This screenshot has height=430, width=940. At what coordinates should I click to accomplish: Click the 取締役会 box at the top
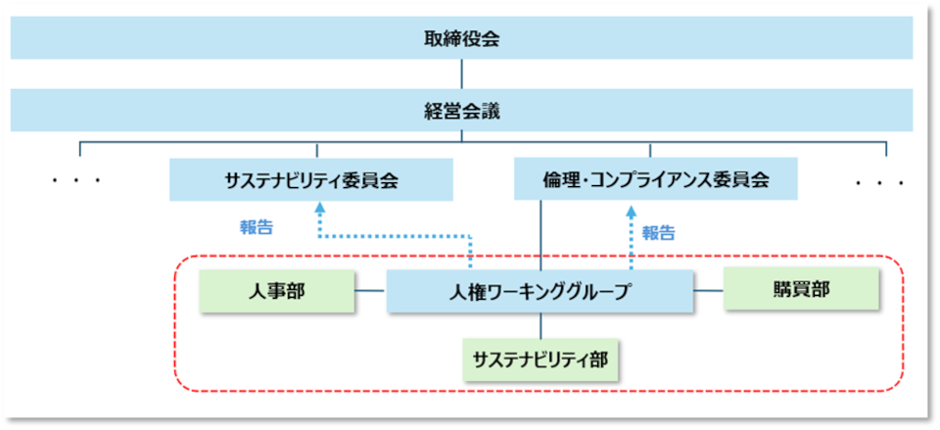coord(461,38)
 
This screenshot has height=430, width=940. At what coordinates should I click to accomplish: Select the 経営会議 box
coord(461,111)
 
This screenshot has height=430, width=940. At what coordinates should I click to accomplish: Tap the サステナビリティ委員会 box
coord(311,181)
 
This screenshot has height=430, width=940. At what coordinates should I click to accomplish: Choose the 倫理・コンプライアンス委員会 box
coord(656,181)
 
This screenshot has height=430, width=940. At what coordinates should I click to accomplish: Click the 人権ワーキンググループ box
coord(540,292)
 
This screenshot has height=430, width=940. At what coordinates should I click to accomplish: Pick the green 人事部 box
coord(276,291)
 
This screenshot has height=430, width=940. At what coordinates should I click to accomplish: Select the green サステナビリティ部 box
coord(540,359)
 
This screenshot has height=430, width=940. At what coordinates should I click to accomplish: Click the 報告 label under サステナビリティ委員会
coord(257,227)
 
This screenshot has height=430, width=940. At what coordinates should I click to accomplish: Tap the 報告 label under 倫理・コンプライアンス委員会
coord(659,233)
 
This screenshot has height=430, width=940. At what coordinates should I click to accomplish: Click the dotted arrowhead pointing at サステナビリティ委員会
coord(319,209)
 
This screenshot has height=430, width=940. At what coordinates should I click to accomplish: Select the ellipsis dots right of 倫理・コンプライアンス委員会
coord(878,182)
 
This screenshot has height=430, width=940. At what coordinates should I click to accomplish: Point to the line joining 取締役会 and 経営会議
coord(461,74)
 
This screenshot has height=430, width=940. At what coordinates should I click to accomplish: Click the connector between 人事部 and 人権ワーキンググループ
coord(370,291)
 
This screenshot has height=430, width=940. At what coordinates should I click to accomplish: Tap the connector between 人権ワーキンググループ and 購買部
coord(709,291)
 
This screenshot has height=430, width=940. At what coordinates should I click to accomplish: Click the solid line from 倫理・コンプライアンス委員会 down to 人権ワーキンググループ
coord(540,235)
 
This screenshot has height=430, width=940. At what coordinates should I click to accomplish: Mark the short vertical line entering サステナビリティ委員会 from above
coord(317,151)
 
